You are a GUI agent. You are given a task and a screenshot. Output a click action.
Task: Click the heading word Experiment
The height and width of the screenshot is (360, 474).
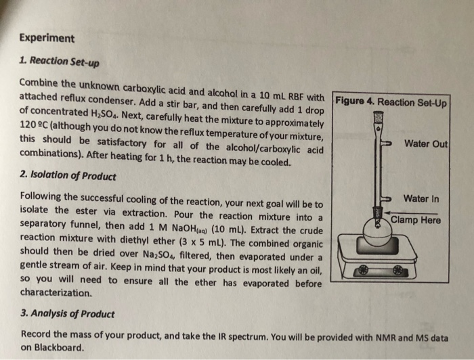pyautogui.click(x=47, y=38)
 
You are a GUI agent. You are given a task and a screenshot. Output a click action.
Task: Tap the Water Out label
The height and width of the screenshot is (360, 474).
pyautogui.click(x=425, y=143)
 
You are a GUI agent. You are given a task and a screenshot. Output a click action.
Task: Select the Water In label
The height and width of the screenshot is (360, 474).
pyautogui.click(x=421, y=198)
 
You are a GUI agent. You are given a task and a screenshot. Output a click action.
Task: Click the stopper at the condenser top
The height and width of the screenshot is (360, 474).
pyautogui.click(x=376, y=116)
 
